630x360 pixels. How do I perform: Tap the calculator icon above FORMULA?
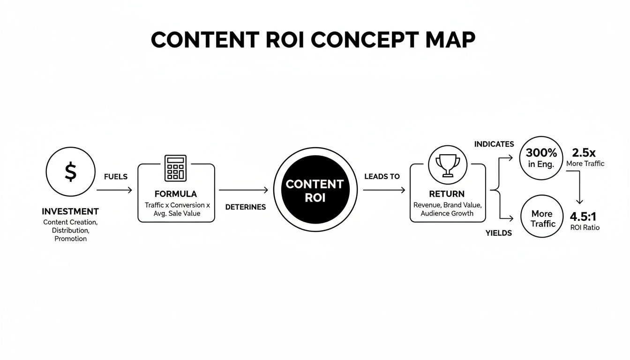coord(176,168)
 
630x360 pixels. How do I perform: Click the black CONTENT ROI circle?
coord(315,190)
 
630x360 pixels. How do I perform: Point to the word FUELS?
coord(115,177)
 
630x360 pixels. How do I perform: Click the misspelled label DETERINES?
coord(246,207)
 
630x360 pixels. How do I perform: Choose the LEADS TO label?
coord(382,177)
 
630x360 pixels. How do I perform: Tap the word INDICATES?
coord(494,144)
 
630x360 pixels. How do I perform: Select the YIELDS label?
coord(499,233)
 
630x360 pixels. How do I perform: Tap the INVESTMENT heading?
coord(70,211)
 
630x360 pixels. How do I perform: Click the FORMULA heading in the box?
coord(176,194)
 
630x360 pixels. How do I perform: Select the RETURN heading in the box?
coord(447,194)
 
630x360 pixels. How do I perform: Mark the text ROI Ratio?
coord(585,228)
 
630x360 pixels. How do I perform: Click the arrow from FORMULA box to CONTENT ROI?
coord(244,190)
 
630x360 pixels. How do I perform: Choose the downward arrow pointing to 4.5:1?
coord(580,187)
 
